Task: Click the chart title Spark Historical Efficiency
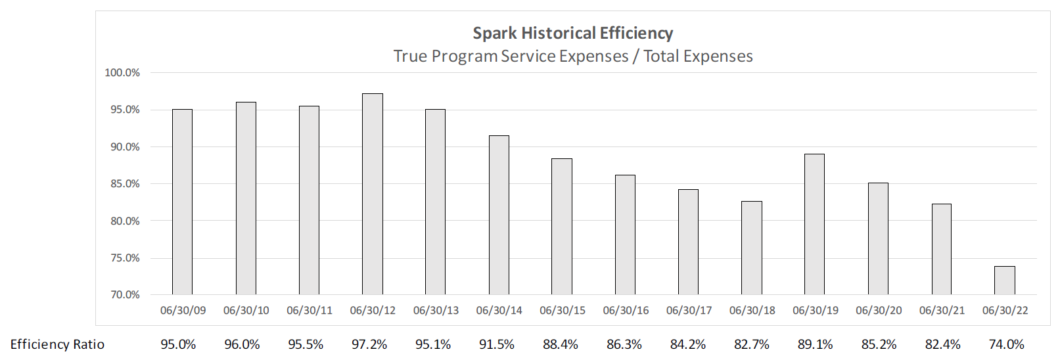tap(572, 33)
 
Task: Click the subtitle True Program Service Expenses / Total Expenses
tap(572, 56)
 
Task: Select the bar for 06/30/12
tap(373, 194)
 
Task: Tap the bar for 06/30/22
tap(1004, 281)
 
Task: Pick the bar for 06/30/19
tap(814, 224)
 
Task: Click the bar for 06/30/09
tap(182, 202)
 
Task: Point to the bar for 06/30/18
tap(751, 248)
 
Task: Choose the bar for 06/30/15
tap(561, 227)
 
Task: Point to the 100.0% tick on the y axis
tap(122, 73)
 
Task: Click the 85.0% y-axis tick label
tap(124, 184)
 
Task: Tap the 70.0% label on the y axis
tap(124, 295)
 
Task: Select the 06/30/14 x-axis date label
tap(499, 310)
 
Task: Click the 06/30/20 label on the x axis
tap(878, 310)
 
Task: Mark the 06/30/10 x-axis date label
tap(246, 310)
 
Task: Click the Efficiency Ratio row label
tap(57, 344)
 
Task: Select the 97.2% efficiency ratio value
tap(369, 344)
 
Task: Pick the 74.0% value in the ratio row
tap(1006, 344)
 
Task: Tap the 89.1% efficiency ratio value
tap(815, 344)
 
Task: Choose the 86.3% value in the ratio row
tap(624, 344)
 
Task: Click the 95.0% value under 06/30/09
tap(178, 344)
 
